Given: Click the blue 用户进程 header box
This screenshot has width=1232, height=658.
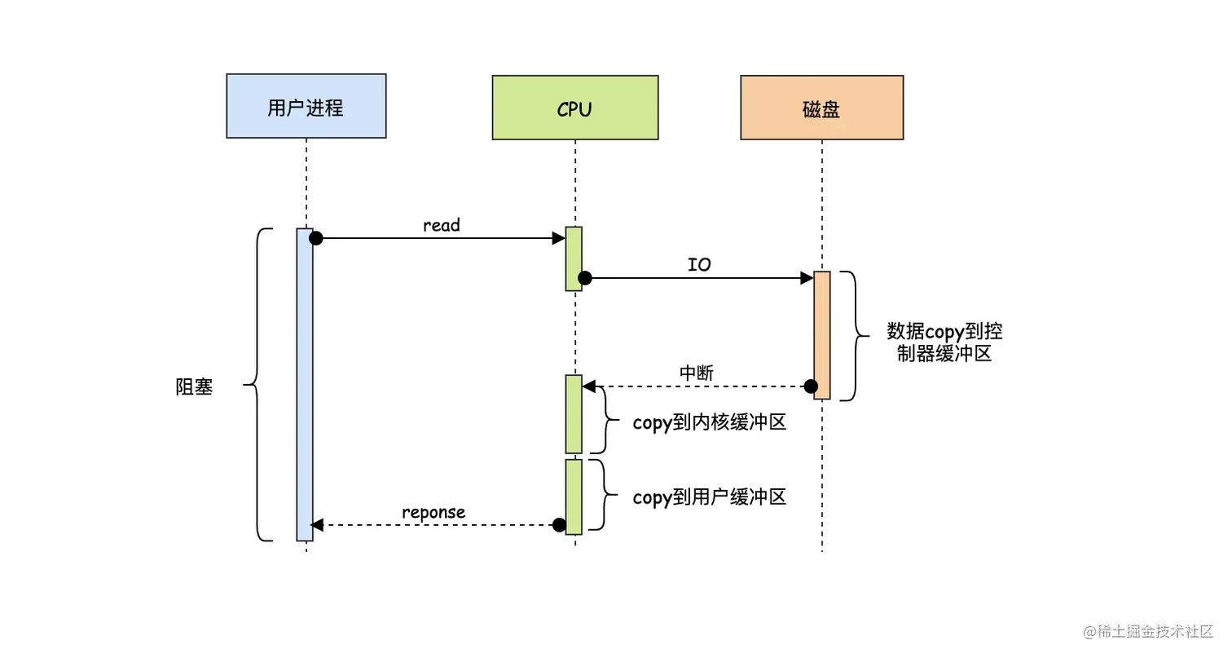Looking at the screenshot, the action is coord(306,106).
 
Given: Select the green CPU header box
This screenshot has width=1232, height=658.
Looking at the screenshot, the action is coord(575,108).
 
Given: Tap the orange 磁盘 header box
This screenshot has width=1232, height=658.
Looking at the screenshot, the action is coord(821,108).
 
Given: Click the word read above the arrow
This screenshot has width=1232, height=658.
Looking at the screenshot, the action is coord(442,225).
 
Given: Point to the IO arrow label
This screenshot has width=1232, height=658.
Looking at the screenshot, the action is coord(699,265).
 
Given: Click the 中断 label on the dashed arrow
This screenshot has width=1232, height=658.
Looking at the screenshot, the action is coord(697,373).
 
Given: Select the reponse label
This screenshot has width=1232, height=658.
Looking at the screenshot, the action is coord(433,512).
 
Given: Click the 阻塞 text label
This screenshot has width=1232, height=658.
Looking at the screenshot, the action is coord(194,386).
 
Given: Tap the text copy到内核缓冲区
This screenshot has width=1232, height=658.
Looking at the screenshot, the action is coord(710,422).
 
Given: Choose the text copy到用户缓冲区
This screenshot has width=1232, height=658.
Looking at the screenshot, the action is coord(710,497).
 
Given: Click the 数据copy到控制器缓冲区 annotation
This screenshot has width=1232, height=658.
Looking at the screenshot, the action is coord(944,342).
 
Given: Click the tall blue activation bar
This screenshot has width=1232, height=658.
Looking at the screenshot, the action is coord(305,385).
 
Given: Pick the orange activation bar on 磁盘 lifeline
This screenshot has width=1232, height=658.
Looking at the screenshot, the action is coord(821,335).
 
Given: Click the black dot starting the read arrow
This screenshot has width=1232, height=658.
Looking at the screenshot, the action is coord(315,238).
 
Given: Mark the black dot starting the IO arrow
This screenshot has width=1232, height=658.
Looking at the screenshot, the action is coord(585,278).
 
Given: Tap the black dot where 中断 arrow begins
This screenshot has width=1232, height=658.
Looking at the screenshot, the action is coord(811,386).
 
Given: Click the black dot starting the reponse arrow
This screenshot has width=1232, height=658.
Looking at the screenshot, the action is coord(559,525).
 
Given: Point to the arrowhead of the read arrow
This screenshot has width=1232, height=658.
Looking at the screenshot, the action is coord(559,238).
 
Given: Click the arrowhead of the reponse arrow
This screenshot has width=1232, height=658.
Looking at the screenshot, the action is coord(317,525).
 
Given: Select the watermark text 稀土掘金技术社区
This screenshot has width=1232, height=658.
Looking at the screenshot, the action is coord(1155,631).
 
